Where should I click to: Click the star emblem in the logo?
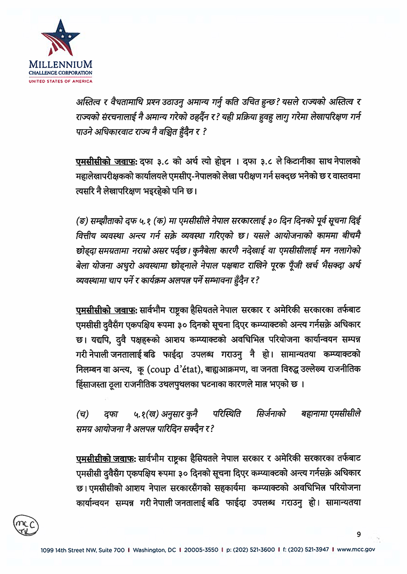pyautogui.click(x=60, y=37)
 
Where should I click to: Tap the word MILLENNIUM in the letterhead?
pyautogui.click(x=60, y=64)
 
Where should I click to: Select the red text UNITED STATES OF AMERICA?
pyautogui.click(x=60, y=81)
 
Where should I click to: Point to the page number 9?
pyautogui.click(x=359, y=533)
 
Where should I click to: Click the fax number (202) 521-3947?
pyautogui.click(x=309, y=550)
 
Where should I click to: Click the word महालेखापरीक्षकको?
pyautogui.click(x=107, y=176)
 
